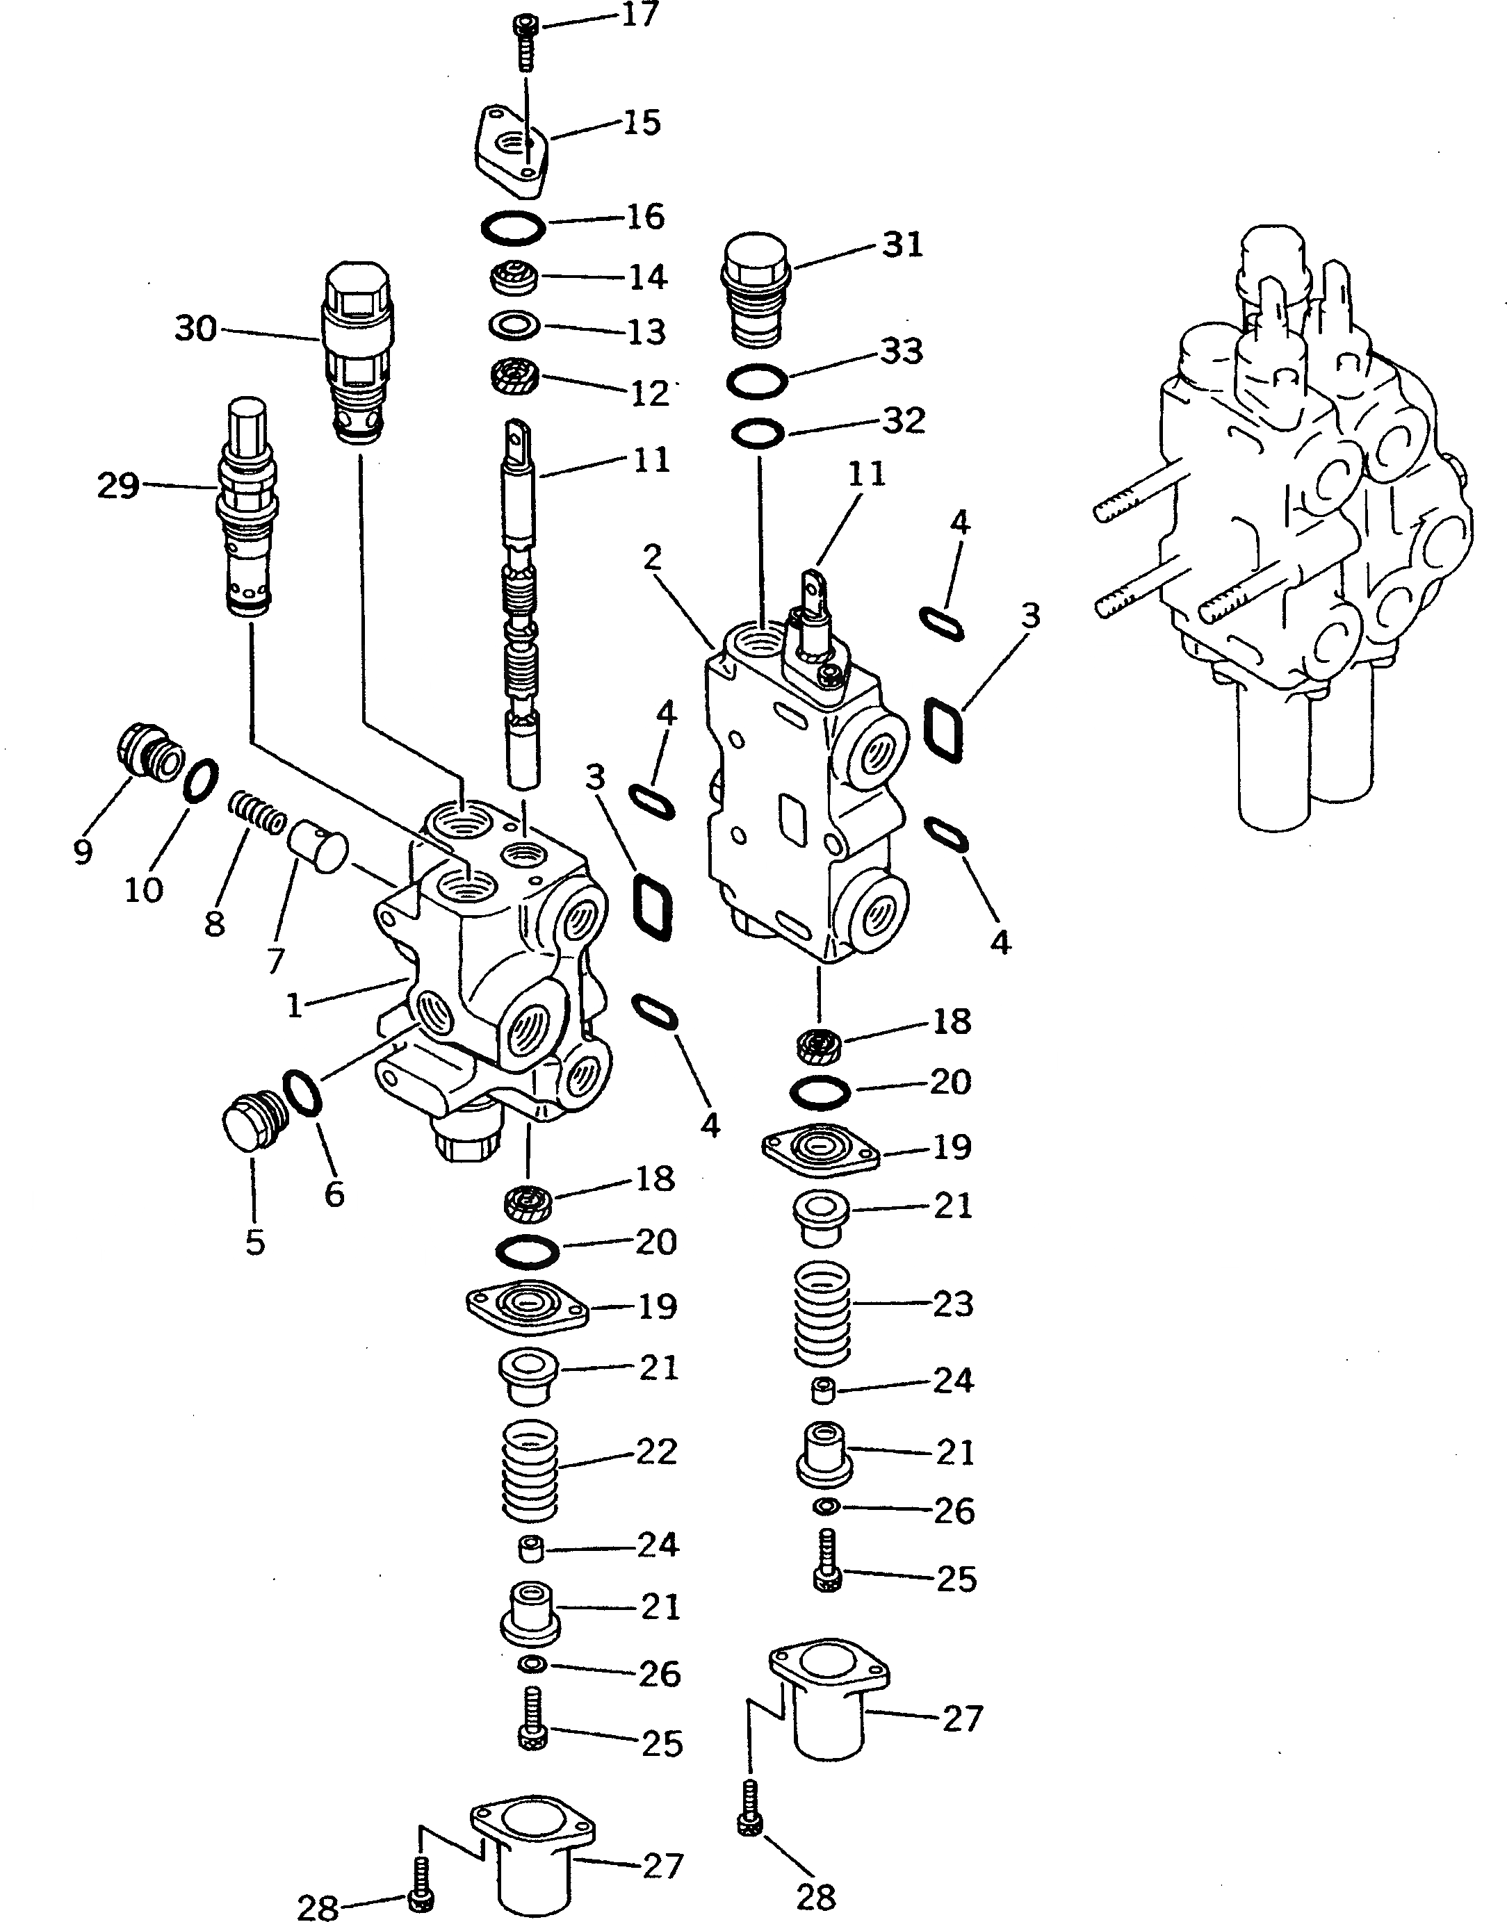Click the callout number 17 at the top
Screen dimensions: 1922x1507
pyautogui.click(x=641, y=15)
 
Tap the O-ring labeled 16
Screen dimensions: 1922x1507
pyautogui.click(x=512, y=228)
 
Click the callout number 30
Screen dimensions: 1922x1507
pyautogui.click(x=196, y=329)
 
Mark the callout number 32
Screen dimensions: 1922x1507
pyautogui.click(x=904, y=420)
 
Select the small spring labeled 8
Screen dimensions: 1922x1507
pyautogui.click(x=256, y=812)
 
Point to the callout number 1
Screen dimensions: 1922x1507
pyautogui.click(x=295, y=1005)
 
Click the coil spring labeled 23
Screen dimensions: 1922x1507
pyautogui.click(x=822, y=1312)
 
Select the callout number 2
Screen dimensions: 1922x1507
pyautogui.click(x=652, y=557)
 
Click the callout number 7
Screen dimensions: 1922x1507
pyautogui.click(x=275, y=960)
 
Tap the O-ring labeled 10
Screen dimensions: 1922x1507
pyautogui.click(x=201, y=780)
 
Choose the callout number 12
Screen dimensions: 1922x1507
pyautogui.click(x=650, y=393)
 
